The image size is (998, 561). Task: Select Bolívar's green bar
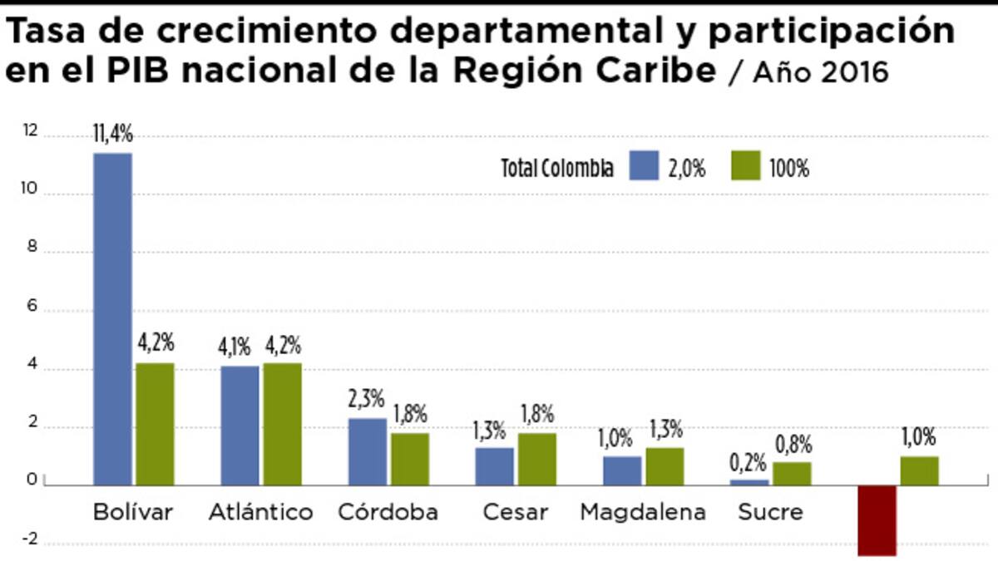156,424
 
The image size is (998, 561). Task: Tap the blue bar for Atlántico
240,426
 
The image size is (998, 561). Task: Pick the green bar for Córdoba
410,459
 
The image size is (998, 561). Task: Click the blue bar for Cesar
494,466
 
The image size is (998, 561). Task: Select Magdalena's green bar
665,466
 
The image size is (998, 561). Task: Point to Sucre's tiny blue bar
749,482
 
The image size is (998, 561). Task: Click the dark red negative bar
877,520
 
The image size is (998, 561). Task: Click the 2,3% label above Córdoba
367,401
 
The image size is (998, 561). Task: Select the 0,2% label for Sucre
749,462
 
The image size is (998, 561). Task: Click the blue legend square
644,166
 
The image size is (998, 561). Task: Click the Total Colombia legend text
557,169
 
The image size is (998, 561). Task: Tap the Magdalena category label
642,512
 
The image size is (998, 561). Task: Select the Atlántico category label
261,512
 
